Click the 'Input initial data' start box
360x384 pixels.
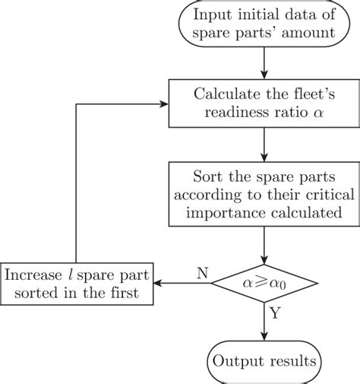pos(264,25)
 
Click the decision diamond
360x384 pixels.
pos(264,284)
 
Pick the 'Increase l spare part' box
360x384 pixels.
pos(76,284)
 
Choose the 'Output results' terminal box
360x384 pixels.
pos(264,360)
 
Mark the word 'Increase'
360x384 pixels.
pos(36,275)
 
